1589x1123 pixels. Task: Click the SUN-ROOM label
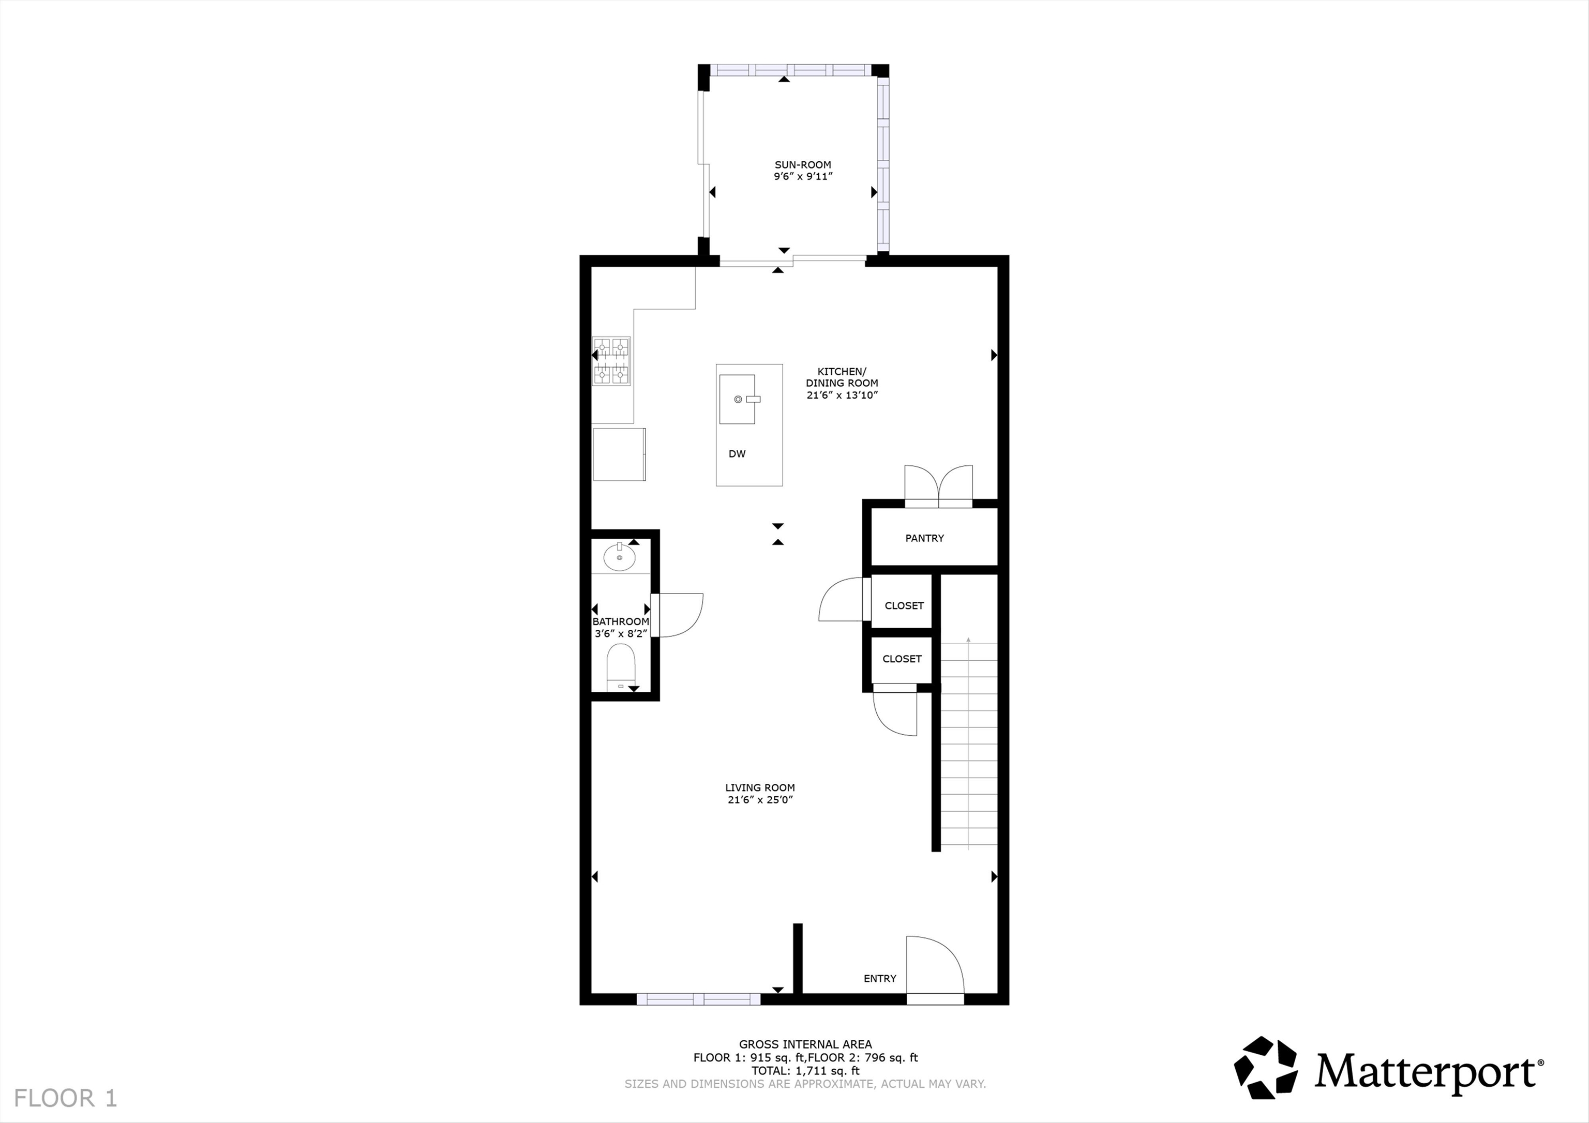[803, 165]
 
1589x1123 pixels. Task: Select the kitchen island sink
[737, 399]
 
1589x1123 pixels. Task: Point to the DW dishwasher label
[737, 454]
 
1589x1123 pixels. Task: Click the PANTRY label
[925, 538]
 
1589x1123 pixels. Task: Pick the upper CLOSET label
[904, 605]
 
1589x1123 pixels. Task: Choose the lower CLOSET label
[902, 659]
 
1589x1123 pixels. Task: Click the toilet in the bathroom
[621, 667]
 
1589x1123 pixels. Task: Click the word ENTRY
[880, 978]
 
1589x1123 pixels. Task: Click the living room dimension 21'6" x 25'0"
[760, 800]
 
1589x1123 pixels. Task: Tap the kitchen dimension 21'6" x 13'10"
[842, 395]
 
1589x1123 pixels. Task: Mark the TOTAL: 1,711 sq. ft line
[805, 1070]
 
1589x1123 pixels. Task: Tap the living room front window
[698, 998]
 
